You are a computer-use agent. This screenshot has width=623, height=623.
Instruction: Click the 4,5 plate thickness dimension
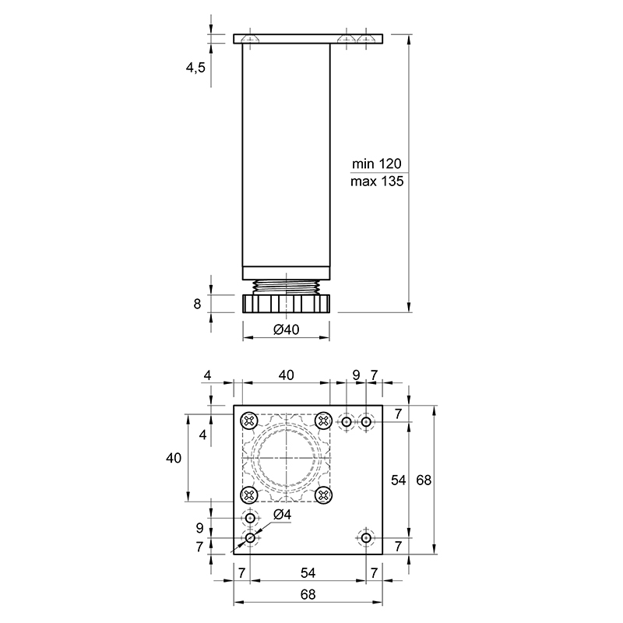tap(195, 68)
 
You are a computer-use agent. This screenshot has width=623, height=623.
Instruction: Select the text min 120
tap(377, 164)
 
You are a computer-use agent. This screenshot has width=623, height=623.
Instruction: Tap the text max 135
tap(377, 181)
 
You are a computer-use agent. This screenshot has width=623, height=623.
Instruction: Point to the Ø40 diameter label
tap(286, 329)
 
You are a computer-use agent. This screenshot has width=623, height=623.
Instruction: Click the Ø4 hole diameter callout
tap(282, 515)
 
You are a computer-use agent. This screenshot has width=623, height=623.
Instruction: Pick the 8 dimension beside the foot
tap(197, 304)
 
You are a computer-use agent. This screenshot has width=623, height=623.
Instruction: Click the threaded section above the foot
tap(286, 287)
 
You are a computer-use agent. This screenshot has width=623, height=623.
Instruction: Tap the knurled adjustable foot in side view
tap(286, 304)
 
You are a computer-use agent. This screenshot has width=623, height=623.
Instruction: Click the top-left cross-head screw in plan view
tap(249, 421)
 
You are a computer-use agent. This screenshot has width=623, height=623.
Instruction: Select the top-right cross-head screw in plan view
tap(323, 421)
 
